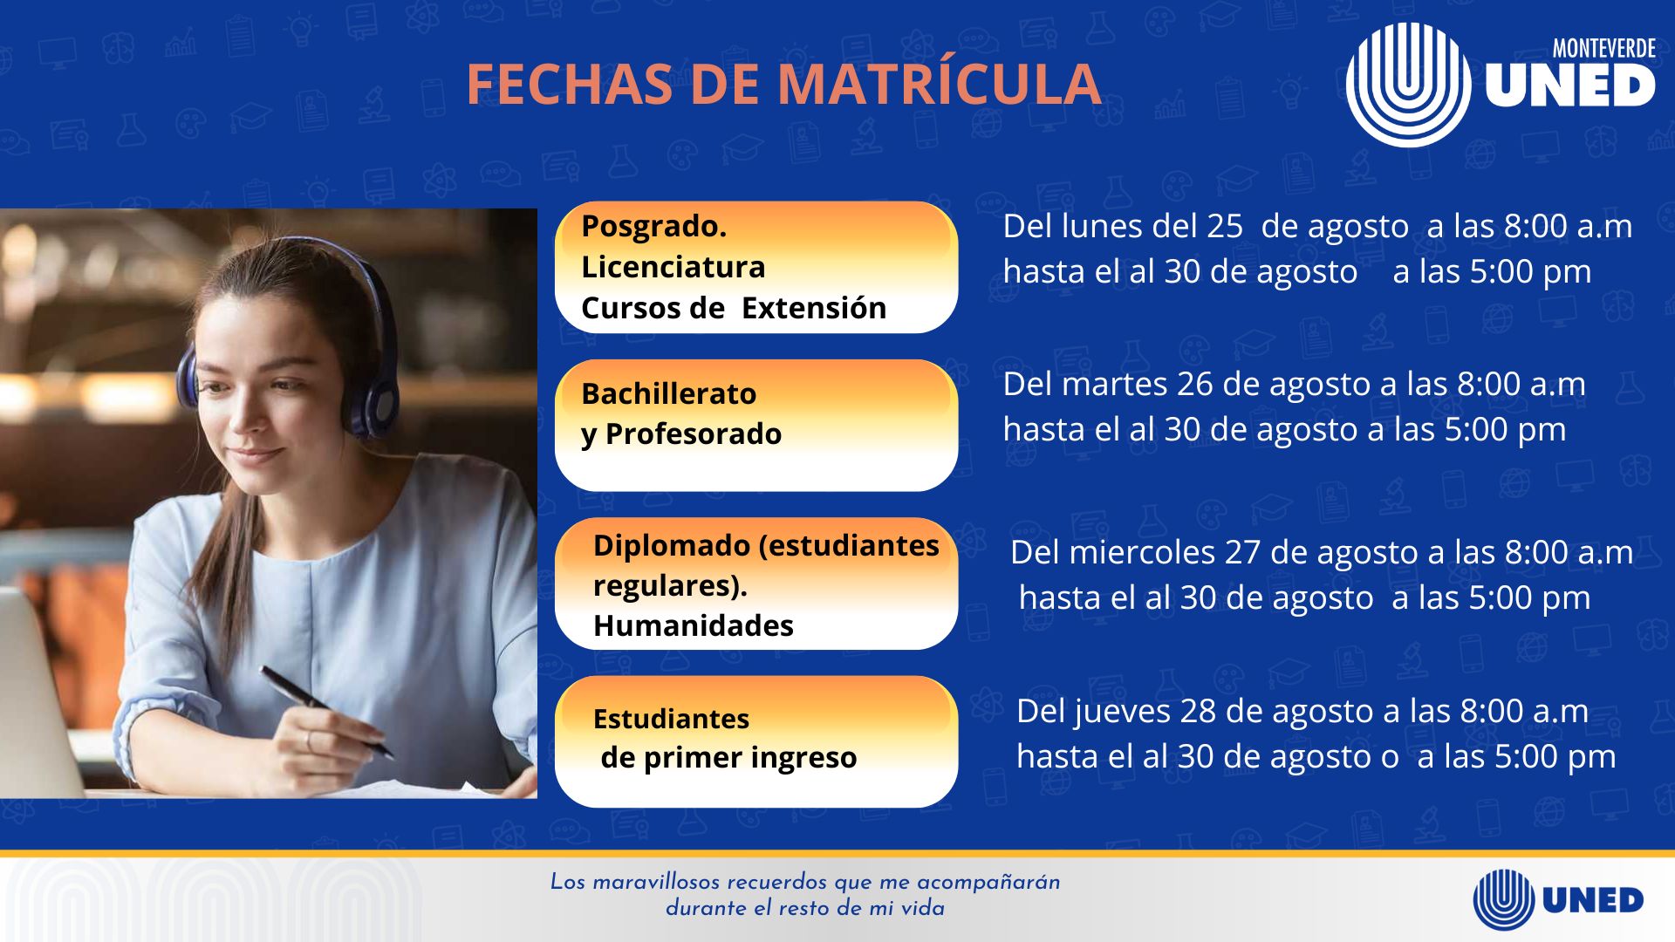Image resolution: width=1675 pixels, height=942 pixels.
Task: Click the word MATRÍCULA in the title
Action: [x=939, y=85]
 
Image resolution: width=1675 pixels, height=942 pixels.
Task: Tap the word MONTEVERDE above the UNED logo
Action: [x=1603, y=49]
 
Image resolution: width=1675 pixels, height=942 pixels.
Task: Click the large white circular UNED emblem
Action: [x=1407, y=85]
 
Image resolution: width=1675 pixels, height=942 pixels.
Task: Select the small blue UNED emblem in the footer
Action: [x=1503, y=899]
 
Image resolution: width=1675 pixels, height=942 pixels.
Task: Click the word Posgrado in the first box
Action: [x=653, y=227]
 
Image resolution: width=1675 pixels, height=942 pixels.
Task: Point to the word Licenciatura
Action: [x=673, y=267]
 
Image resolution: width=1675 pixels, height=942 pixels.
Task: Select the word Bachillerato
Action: [x=668, y=393]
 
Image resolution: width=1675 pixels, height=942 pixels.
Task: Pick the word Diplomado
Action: [x=671, y=545]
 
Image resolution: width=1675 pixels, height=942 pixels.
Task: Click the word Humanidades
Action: [x=693, y=625]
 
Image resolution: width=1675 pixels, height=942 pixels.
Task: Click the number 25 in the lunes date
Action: [x=1224, y=227]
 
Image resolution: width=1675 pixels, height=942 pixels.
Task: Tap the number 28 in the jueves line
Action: [x=1198, y=712]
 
